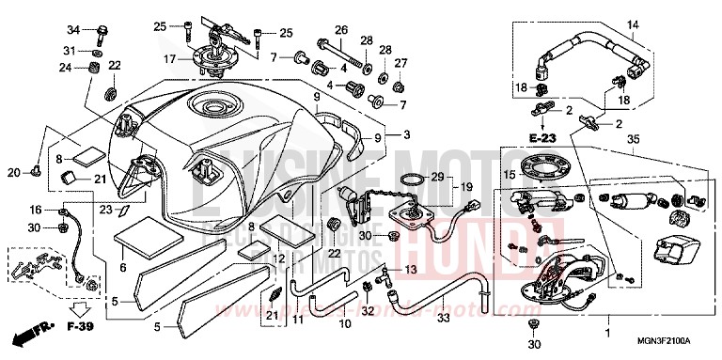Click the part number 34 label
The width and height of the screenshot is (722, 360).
click(x=73, y=29)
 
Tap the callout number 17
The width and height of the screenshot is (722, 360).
click(x=171, y=59)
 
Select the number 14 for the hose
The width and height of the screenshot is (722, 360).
click(x=632, y=24)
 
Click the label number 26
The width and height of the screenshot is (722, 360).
click(x=341, y=29)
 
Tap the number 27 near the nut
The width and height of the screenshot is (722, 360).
click(x=401, y=63)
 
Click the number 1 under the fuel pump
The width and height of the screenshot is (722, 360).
click(x=606, y=332)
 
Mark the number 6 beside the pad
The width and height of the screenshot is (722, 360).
click(x=122, y=268)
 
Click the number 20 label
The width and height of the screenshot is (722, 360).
click(x=13, y=171)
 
